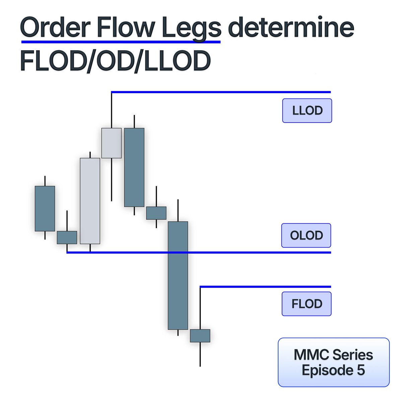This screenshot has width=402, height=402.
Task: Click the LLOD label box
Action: [307, 111]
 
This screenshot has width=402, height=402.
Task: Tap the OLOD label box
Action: [306, 236]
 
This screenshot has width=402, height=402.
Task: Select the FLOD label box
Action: [307, 304]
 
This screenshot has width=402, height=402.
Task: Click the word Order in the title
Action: [55, 28]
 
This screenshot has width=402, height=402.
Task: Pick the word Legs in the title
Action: [191, 28]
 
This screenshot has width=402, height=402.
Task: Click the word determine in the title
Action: [291, 28]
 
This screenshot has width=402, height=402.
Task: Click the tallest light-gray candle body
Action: [90, 201]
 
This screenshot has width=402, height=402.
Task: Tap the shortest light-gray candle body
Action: [111, 143]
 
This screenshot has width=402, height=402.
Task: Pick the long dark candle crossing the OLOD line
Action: [178, 275]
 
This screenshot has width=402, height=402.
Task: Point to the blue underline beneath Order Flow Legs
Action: [121, 42]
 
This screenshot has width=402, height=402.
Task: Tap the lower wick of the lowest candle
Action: [200, 354]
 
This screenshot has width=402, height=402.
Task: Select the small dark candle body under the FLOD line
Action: [200, 336]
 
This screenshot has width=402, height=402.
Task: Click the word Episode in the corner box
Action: [324, 370]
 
